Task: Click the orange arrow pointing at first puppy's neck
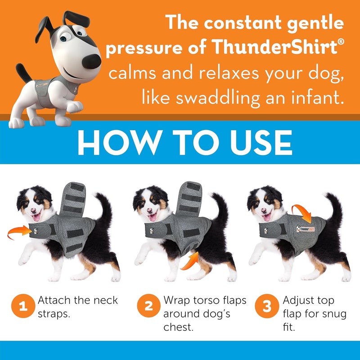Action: tap(19, 232)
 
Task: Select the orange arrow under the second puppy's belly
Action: tap(189, 261)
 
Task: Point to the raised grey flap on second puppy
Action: tap(192, 198)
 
